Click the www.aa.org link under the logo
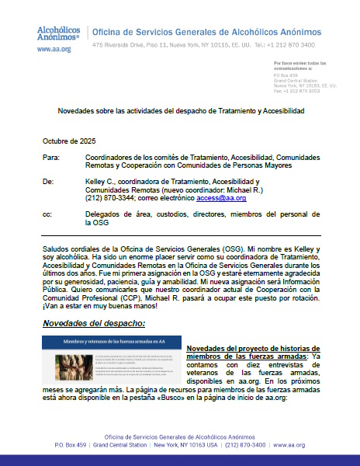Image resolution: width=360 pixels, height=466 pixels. (x=54, y=48)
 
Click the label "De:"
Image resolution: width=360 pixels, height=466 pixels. (x=48, y=180)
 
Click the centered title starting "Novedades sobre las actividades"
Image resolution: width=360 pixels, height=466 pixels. (x=181, y=111)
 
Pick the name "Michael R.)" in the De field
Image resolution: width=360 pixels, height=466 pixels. (x=254, y=189)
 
